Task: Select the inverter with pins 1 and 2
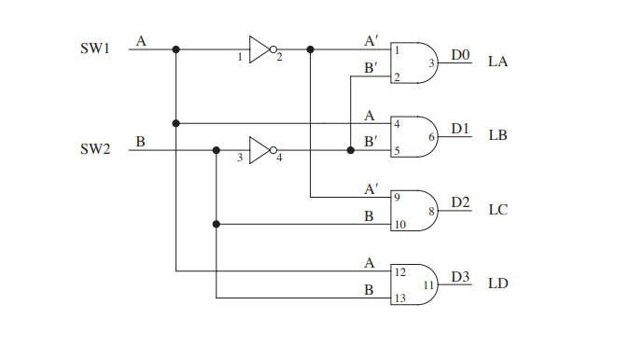[261, 48]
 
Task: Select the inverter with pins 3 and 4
[261, 149]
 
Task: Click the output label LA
[497, 62]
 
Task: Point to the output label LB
[497, 136]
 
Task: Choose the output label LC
[497, 210]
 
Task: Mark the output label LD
[497, 284]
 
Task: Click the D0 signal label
[460, 55]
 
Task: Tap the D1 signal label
[460, 129]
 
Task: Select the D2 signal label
[460, 202]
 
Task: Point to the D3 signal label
[460, 276]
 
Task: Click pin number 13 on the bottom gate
[399, 298]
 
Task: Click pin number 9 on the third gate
[397, 197]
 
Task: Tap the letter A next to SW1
[141, 41]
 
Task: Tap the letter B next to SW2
[140, 142]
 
